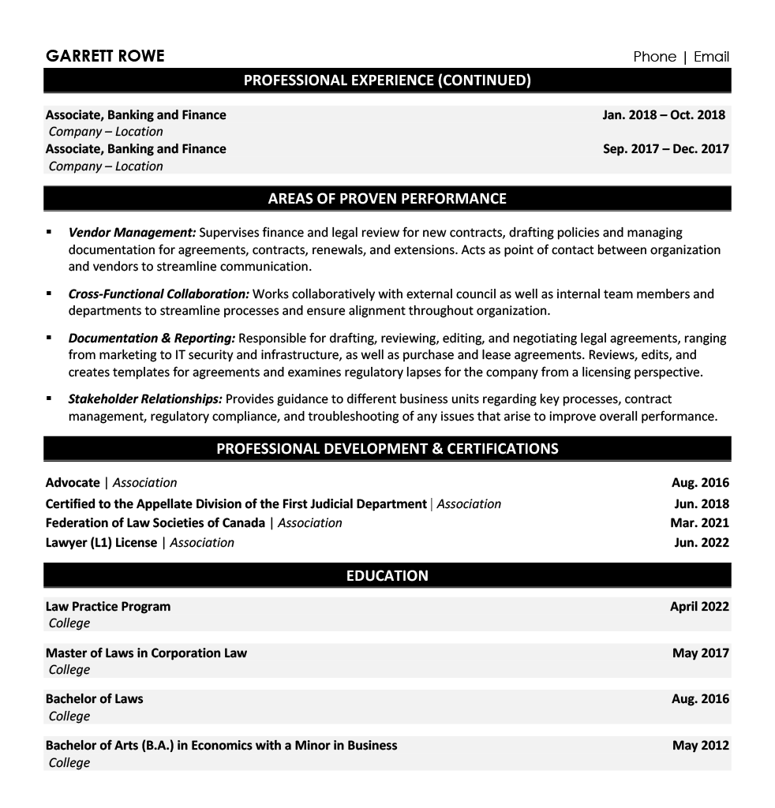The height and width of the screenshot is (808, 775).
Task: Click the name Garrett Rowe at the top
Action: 105,56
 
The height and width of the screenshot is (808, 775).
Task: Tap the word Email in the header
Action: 711,56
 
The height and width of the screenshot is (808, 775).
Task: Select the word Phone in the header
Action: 654,56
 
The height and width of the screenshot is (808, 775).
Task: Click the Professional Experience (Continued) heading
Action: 387,80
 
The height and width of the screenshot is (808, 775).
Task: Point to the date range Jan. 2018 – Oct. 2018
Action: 663,115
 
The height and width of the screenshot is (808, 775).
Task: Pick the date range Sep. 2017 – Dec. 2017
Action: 665,149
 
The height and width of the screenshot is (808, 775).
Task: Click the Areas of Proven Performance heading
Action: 387,198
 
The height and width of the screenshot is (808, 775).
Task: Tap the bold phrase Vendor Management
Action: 132,233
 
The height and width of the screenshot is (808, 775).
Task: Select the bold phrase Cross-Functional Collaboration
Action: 159,294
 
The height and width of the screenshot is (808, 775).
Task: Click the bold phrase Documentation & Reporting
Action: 152,339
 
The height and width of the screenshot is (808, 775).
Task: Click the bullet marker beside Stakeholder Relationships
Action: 50,398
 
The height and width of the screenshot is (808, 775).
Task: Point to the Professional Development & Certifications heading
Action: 387,448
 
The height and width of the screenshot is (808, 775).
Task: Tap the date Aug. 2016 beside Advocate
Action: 700,483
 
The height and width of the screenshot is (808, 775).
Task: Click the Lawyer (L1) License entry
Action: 101,543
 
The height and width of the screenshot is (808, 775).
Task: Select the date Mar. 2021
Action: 700,522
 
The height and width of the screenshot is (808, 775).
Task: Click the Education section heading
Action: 387,575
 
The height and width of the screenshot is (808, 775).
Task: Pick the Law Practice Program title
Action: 108,607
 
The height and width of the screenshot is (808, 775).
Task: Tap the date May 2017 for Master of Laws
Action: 700,653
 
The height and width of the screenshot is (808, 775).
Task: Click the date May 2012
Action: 700,746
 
